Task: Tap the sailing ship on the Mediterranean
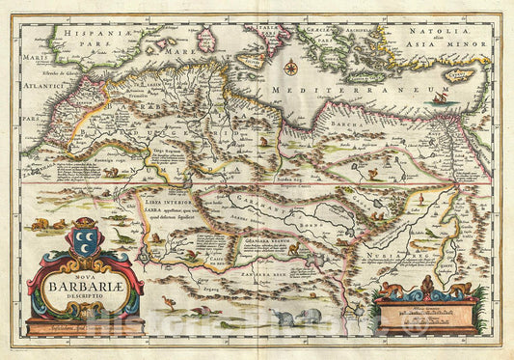[441, 97]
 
